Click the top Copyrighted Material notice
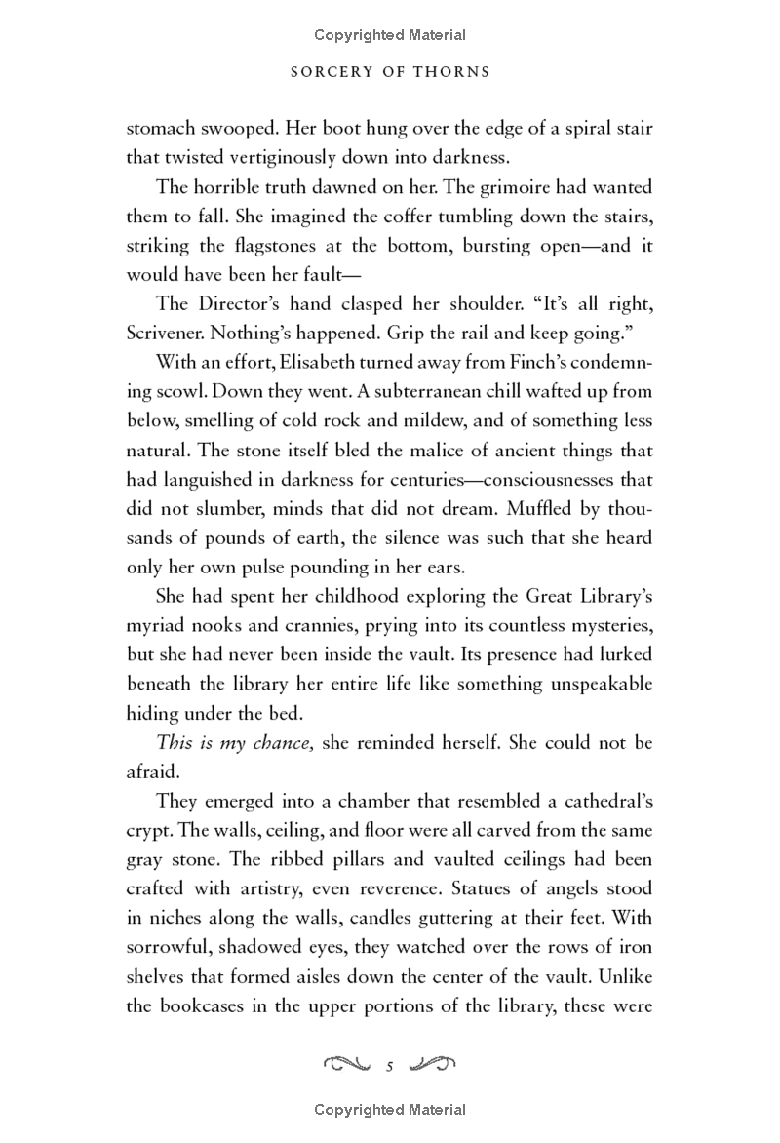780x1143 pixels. coord(390,35)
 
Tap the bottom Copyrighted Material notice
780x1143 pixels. coord(390,1110)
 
